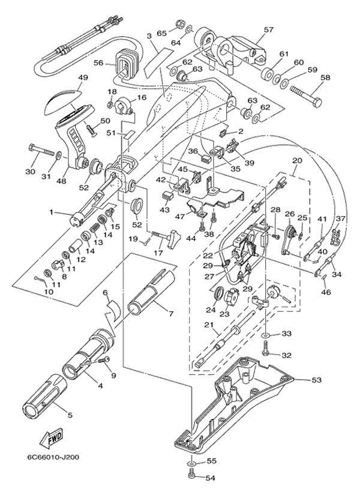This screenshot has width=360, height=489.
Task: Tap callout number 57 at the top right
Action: coord(268,29)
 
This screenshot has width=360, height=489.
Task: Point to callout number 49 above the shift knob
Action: coord(83,77)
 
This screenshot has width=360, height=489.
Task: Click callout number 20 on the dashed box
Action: coord(296,161)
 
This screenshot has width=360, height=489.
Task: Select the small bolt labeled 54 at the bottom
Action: coord(193,476)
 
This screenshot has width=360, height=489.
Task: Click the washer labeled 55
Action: coord(192,462)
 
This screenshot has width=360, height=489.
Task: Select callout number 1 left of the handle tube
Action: coord(52,212)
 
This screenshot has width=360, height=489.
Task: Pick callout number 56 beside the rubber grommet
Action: coord(99,62)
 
